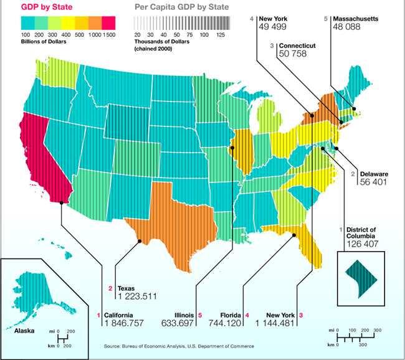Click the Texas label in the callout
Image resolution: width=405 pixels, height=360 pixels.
pos(126,288)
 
